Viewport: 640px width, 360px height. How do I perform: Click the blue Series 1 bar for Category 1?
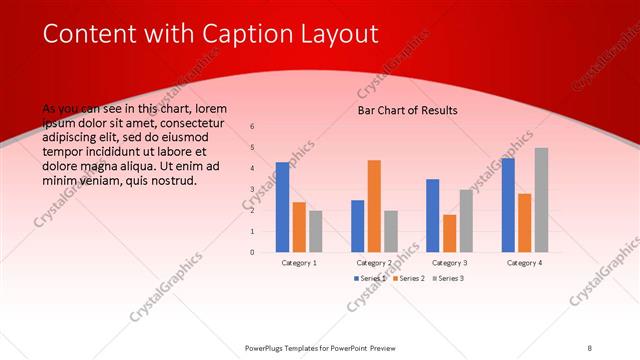(x=282, y=207)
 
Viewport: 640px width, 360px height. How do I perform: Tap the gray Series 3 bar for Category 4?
(x=541, y=200)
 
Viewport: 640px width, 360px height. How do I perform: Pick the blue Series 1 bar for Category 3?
(x=432, y=215)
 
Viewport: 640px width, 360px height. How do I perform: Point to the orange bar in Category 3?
(x=449, y=233)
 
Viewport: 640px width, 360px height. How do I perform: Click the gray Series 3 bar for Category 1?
(x=315, y=231)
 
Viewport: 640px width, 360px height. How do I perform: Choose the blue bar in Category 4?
(x=508, y=205)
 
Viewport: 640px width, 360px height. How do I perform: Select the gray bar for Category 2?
(x=390, y=231)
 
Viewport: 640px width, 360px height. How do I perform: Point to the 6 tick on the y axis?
(x=252, y=127)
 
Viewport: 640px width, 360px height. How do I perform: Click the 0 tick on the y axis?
(x=252, y=252)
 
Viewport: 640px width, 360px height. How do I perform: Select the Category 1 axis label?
(x=299, y=262)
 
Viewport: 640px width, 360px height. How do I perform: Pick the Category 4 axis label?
(x=524, y=262)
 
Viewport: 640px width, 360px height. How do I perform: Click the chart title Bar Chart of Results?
(x=407, y=110)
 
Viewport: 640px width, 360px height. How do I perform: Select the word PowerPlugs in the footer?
(x=267, y=348)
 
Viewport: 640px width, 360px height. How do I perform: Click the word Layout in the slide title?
(x=341, y=34)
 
